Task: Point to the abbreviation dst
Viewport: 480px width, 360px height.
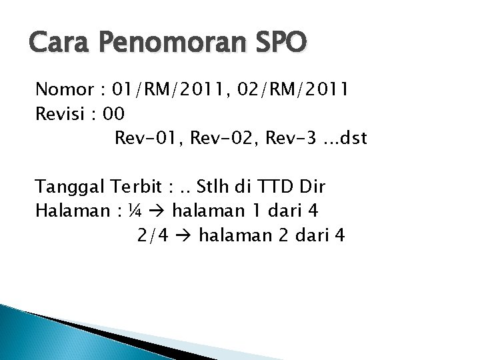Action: (x=350, y=139)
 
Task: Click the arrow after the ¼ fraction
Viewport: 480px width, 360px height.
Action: (x=161, y=211)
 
